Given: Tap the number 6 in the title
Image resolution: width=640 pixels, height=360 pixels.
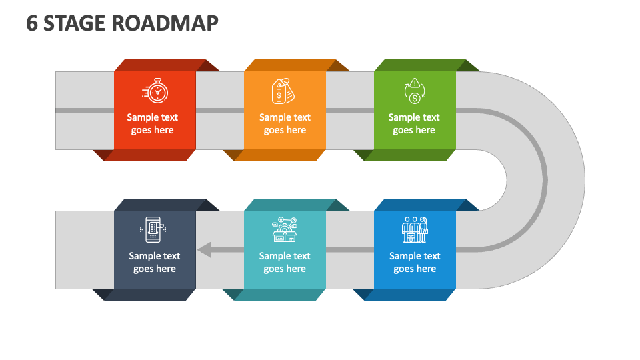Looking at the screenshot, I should point(32,23).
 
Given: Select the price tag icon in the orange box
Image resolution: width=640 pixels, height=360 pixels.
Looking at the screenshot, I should point(284,91).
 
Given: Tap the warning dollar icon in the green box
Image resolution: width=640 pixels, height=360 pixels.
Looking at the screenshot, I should point(414,91).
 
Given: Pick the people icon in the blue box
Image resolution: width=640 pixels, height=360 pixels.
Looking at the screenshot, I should point(414,229).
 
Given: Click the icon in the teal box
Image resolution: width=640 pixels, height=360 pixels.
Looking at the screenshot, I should point(285,229).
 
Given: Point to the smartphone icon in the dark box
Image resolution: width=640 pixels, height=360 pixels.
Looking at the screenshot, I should point(154,229).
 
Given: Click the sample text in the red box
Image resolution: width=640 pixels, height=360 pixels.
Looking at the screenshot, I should point(153,124).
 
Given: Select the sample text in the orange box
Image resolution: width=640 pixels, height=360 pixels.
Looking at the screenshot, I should point(285,124).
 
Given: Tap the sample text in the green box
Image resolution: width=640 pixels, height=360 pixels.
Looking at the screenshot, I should point(414,124).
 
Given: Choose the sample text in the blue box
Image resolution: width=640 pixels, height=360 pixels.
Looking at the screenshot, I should point(415,262).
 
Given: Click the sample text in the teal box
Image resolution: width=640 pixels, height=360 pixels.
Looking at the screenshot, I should point(285,262).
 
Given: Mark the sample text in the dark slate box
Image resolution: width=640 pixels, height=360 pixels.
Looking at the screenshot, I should point(155,262).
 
